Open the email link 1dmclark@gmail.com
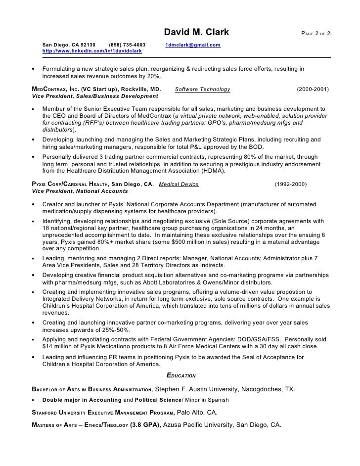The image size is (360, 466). [x=193, y=45]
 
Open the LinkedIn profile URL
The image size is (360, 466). [x=92, y=51]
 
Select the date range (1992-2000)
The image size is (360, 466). [x=290, y=184]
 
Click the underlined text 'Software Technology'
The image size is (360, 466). [x=203, y=90]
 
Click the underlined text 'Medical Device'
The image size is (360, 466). [x=179, y=184]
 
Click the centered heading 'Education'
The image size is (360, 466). [x=181, y=375]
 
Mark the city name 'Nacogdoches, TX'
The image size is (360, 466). [x=270, y=389]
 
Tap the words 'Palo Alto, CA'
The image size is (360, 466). [x=197, y=412]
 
